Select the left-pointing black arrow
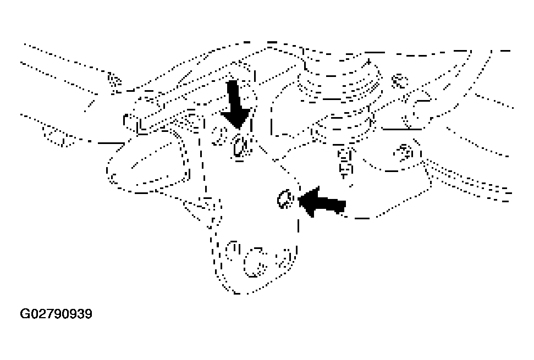[x=322, y=202]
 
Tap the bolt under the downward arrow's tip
[x=240, y=147]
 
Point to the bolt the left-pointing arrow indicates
[x=285, y=200]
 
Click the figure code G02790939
[x=56, y=314]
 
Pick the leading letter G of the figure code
[x=25, y=314]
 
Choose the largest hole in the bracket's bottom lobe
[x=255, y=262]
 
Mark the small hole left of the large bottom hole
[x=233, y=251]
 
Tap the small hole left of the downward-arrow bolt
[x=220, y=134]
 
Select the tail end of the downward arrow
[x=232, y=82]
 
